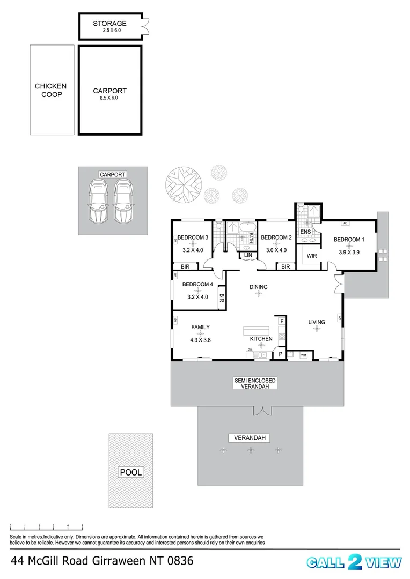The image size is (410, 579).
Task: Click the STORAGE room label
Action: tap(109, 24)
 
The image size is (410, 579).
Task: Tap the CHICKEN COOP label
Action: tap(50, 90)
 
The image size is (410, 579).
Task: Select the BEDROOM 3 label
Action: tap(193, 237)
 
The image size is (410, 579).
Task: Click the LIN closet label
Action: tap(247, 256)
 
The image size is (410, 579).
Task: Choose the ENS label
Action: tap(305, 232)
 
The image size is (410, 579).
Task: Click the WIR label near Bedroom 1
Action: tap(312, 256)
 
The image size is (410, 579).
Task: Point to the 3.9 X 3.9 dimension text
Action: tap(349, 252)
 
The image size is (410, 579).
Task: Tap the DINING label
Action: tap(258, 287)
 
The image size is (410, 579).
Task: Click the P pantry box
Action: tap(280, 354)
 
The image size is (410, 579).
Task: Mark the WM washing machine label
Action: tap(303, 354)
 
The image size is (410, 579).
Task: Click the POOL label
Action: tap(130, 472)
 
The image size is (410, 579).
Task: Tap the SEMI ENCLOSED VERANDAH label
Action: tap(255, 383)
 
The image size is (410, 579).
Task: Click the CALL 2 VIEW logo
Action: tap(354, 562)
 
